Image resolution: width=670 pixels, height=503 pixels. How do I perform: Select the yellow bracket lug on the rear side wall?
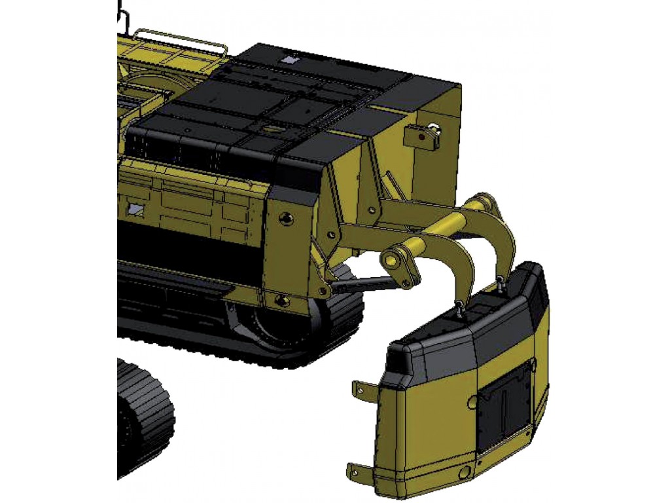pos(423,135)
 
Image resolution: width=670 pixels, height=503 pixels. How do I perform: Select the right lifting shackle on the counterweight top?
pos(501,284)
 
